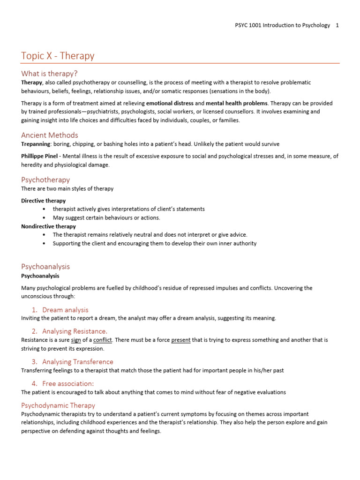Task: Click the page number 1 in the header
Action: tap(337, 25)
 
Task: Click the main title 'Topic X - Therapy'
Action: tap(58, 56)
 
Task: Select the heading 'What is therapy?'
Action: tap(49, 74)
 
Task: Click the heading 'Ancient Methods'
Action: tap(49, 135)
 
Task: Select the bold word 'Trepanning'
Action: tap(37, 144)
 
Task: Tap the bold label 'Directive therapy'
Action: tap(44, 201)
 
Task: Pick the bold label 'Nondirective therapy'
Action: tap(48, 226)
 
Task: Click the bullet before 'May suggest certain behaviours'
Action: tap(44, 218)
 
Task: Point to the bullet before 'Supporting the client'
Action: tap(44, 244)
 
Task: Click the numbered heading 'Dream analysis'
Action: tap(65, 310)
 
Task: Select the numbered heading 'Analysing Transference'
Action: tap(77, 361)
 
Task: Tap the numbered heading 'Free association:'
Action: tap(68, 383)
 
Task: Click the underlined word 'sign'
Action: tap(76, 340)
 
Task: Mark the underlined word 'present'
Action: tap(181, 340)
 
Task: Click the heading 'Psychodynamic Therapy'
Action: tap(58, 405)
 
